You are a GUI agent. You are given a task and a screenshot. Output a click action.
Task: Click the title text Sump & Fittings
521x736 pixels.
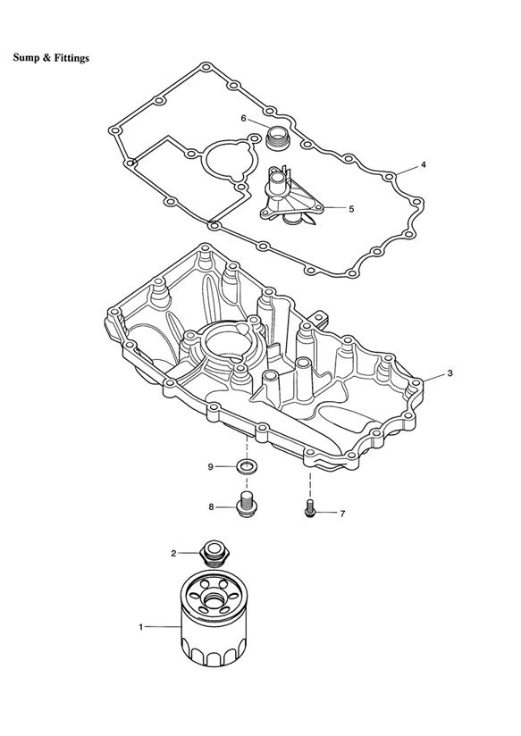pos(51,58)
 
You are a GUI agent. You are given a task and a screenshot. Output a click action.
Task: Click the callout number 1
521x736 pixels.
pos(140,627)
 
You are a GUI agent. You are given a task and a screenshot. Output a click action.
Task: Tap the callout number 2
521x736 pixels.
pos(173,554)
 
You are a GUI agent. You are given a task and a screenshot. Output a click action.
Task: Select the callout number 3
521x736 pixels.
pos(450,373)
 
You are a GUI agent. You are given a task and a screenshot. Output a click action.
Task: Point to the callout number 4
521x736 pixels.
pos(424,164)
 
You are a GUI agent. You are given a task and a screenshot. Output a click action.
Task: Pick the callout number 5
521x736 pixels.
pos(351,209)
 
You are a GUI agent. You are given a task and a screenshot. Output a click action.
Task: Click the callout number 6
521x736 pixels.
pos(243,118)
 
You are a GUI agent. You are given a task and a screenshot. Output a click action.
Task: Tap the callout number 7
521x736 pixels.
pos(342,514)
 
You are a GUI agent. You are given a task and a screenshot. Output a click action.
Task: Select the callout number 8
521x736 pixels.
pos(211,507)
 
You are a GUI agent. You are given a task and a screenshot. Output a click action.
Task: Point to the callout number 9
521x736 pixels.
pos(211,466)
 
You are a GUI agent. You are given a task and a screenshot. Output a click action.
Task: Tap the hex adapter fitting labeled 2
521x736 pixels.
pos(214,553)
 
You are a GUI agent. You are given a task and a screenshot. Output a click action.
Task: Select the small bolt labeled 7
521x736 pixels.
pos(309,509)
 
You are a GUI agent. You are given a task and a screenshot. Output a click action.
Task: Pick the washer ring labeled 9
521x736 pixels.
pos(247,466)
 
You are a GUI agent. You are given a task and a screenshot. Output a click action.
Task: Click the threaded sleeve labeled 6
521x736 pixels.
pos(278,138)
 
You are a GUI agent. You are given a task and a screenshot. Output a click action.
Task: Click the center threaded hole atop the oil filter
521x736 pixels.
pos(214,601)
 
